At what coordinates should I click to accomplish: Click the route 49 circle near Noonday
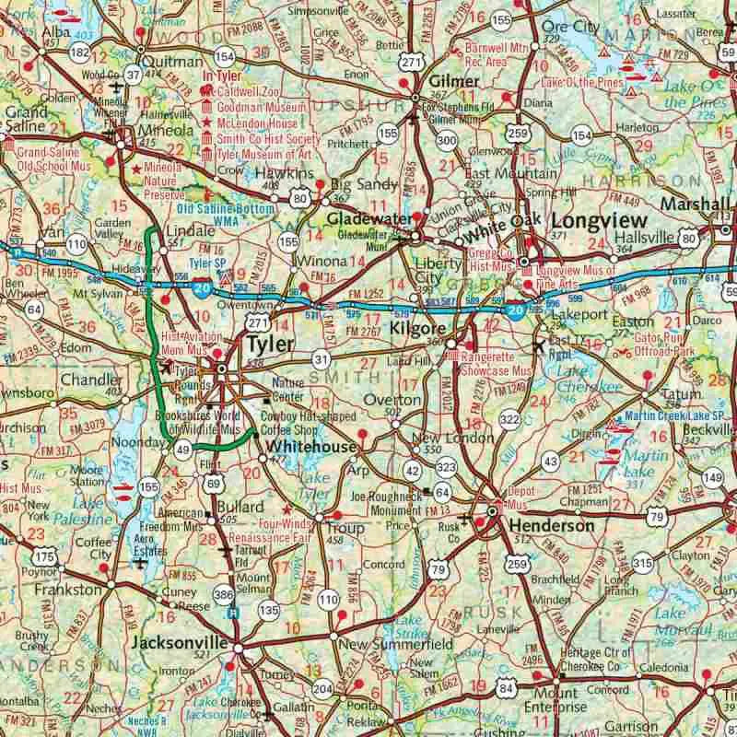(182, 450)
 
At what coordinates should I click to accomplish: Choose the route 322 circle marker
(509, 419)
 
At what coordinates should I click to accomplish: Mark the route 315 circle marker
(642, 563)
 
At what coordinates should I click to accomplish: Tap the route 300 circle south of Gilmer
(447, 140)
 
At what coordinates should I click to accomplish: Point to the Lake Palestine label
(90, 511)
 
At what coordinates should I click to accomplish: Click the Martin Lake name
(639, 457)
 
